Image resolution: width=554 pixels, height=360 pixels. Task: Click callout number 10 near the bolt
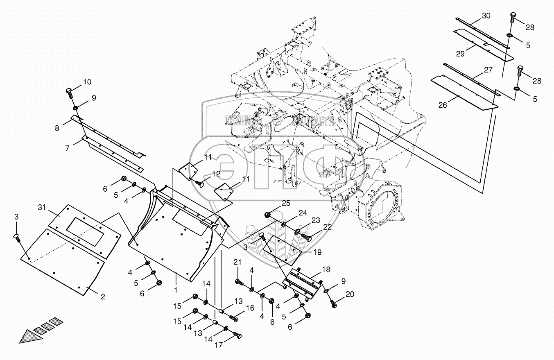pyautogui.click(x=87, y=82)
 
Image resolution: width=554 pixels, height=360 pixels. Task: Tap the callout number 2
pyautogui.click(x=102, y=297)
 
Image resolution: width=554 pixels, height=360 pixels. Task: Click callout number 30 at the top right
pyautogui.click(x=486, y=16)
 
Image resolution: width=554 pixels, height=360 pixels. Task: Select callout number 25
pyautogui.click(x=285, y=204)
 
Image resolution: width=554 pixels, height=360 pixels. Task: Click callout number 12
pyautogui.click(x=216, y=174)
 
